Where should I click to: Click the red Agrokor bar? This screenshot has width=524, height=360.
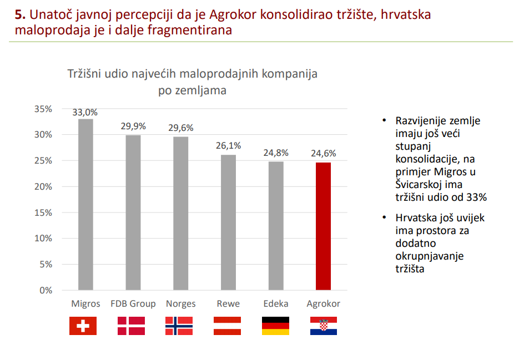tap(323, 226)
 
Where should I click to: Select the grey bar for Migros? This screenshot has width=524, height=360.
tap(85, 205)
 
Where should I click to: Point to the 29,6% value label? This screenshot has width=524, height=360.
tap(180, 128)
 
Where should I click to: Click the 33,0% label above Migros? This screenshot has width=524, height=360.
tap(85, 112)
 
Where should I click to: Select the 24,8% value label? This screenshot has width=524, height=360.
tap(276, 153)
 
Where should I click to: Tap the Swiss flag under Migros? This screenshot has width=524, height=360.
tap(83, 326)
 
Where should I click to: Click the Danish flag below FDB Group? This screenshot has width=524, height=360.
tap(131, 326)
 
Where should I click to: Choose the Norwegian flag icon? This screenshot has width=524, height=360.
tap(179, 326)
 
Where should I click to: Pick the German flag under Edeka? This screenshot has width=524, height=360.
tap(275, 326)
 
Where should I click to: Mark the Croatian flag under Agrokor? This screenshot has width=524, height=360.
tap(323, 326)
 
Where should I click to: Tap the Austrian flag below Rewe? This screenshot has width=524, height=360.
tap(227, 326)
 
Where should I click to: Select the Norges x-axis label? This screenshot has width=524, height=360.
tap(180, 304)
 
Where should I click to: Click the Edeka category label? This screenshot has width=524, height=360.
tap(276, 304)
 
